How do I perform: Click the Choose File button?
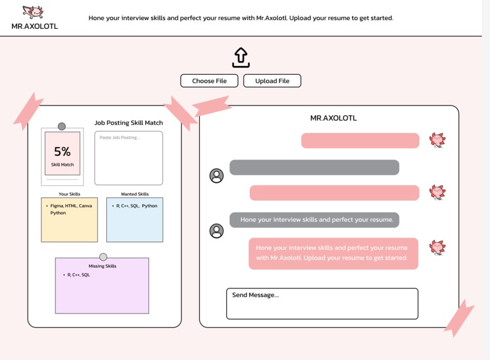pyautogui.click(x=209, y=80)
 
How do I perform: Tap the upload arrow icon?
pyautogui.click(x=241, y=57)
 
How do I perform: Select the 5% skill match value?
pyautogui.click(x=62, y=151)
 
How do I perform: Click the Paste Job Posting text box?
pyautogui.click(x=128, y=158)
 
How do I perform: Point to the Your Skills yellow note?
pyautogui.click(x=69, y=219)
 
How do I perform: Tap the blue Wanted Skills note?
pyautogui.click(x=134, y=219)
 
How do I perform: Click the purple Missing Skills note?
pyautogui.click(x=102, y=286)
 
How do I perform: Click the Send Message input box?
pyautogui.click(x=322, y=303)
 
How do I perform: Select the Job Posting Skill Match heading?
pyautogui.click(x=128, y=123)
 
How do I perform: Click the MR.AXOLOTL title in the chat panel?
pyautogui.click(x=334, y=118)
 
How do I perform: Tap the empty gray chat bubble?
pyautogui.click(x=314, y=167)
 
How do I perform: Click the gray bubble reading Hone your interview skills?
pyautogui.click(x=314, y=220)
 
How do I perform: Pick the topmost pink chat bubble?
pyautogui.click(x=360, y=141)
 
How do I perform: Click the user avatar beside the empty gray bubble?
pyautogui.click(x=216, y=176)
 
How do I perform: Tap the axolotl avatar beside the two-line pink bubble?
pyautogui.click(x=437, y=248)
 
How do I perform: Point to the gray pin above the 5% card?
pyautogui.click(x=62, y=126)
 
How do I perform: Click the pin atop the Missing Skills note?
pyautogui.click(x=103, y=257)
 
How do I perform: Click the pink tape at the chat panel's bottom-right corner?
pyautogui.click(x=459, y=316)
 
